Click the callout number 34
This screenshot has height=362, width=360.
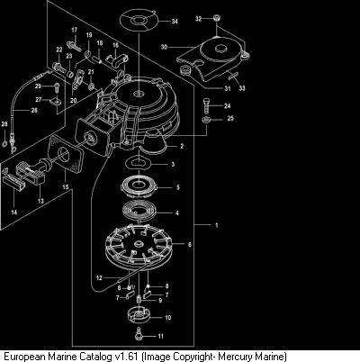(x=175, y=22)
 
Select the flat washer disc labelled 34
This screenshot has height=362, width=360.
(x=139, y=21)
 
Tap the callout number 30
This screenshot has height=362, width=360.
(x=164, y=47)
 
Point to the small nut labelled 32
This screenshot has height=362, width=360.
(x=216, y=18)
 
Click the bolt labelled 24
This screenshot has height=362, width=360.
(x=206, y=104)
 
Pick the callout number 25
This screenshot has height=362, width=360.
(x=230, y=118)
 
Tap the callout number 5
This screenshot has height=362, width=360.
(x=178, y=187)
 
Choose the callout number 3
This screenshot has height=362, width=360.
(x=173, y=164)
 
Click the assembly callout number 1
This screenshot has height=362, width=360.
(x=217, y=225)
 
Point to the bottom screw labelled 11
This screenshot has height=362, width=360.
(x=139, y=333)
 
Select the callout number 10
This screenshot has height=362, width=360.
(x=168, y=318)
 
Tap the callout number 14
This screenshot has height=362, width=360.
(x=14, y=213)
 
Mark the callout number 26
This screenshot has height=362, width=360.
(x=34, y=110)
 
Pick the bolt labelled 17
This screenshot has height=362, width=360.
(x=73, y=46)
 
